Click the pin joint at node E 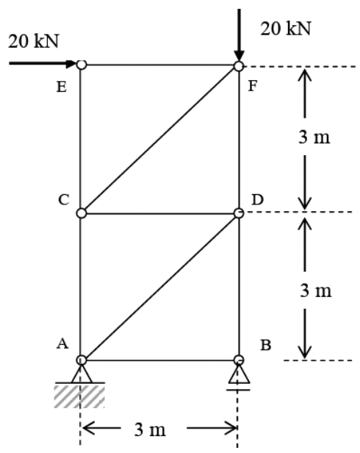[x=82, y=65]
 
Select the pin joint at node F [x=239, y=66]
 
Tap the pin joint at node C [x=82, y=213]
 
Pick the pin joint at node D [x=239, y=213]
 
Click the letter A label [x=62, y=344]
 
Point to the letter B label [x=266, y=345]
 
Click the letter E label [x=62, y=87]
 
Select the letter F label [x=253, y=86]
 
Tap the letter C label [x=64, y=199]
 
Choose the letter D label [x=258, y=199]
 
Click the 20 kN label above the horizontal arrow [x=34, y=41]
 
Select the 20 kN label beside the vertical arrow [x=286, y=29]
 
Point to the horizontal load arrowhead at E [x=71, y=63]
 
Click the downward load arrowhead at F [x=239, y=56]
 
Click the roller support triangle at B [x=239, y=374]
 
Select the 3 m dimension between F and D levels [x=314, y=137]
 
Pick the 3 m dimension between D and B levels [x=316, y=290]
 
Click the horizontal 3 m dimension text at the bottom [x=150, y=429]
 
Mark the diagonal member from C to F [x=160, y=140]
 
